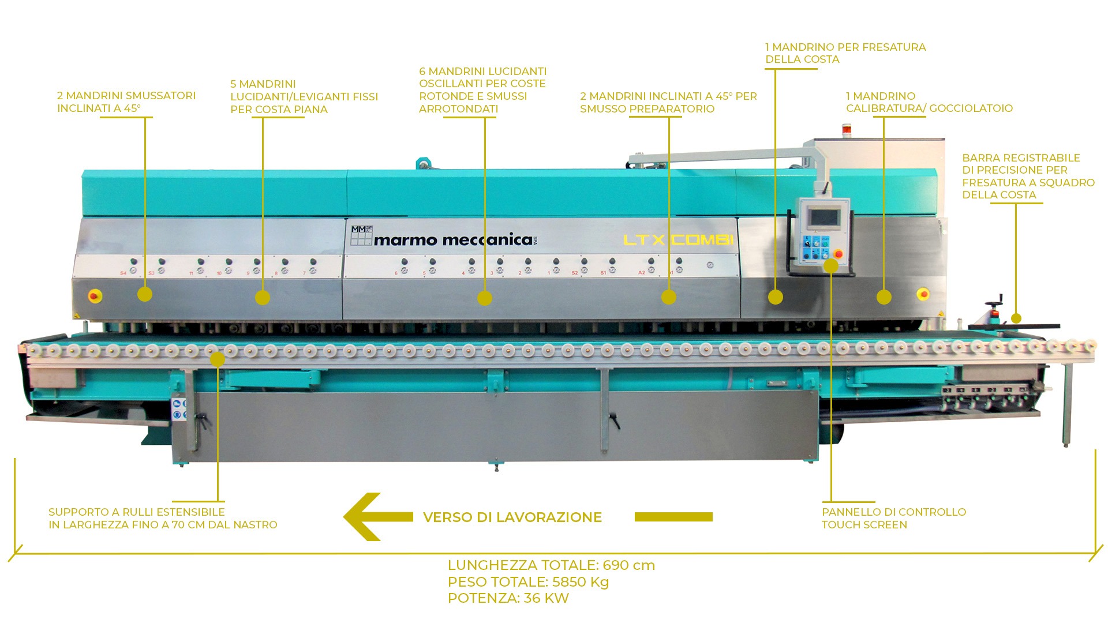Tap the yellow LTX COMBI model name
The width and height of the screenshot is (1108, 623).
pos(678,240)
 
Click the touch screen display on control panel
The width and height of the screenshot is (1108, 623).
pos(823,217)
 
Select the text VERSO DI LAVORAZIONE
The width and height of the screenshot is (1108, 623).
pos(512,517)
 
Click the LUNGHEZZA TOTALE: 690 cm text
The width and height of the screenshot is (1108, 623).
pos(551,565)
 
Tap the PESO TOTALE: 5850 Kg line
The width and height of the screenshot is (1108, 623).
pos(528,582)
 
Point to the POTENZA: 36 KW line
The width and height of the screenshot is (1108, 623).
pos(508,598)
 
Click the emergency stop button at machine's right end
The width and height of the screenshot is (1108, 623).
pos(923,294)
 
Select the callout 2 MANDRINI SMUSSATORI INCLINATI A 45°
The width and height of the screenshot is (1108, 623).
pos(126,102)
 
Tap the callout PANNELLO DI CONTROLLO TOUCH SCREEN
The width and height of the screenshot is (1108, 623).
pos(893,518)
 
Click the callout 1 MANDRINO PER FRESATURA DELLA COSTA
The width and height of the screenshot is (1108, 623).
pos(845,53)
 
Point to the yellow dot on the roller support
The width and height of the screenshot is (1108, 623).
pos(218,360)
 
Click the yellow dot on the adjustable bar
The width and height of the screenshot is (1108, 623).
pos(1016,318)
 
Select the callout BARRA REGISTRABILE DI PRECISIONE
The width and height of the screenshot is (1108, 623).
pos(1028,176)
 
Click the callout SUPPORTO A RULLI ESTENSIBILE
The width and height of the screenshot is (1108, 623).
pos(163,518)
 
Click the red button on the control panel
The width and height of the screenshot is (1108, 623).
pos(839,253)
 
